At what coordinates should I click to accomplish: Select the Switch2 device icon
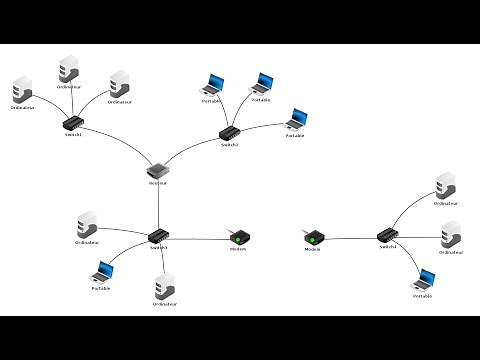point(229,132)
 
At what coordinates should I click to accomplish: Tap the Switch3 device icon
point(159,236)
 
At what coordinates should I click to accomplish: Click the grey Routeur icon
point(157,170)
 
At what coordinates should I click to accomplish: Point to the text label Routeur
point(157,183)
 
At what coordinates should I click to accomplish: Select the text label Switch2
point(229,144)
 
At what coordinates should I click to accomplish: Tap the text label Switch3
point(159,247)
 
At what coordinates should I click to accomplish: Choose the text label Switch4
point(388,246)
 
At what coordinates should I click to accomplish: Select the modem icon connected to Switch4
point(313,237)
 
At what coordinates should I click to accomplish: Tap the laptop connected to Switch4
point(424,281)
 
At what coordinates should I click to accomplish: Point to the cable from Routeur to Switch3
point(158,205)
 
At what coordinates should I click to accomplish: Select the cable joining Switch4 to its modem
point(350,237)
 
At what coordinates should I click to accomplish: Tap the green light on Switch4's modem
point(313,239)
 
